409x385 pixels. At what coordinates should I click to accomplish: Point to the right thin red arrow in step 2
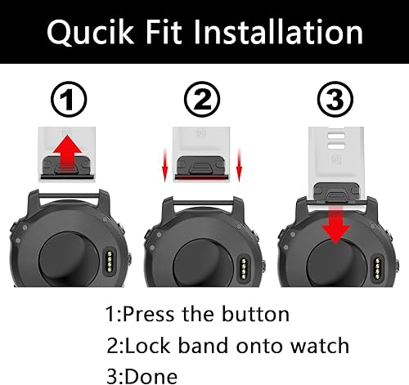point(239,159)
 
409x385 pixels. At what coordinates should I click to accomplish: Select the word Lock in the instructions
point(150,345)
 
